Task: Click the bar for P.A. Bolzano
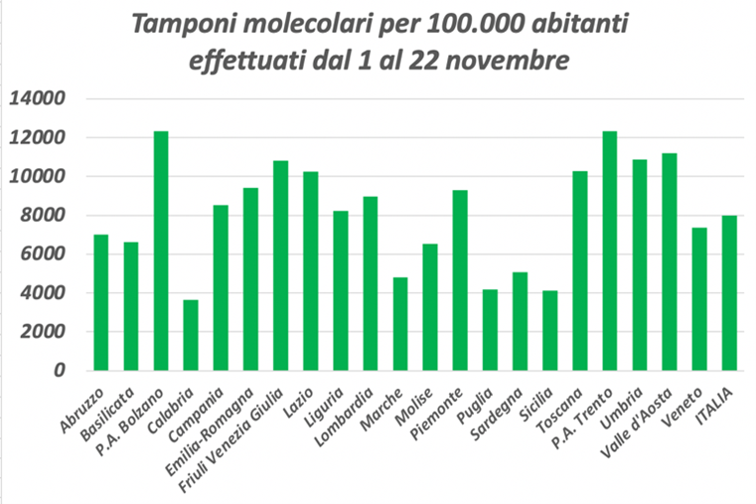point(161,251)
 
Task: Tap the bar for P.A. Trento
point(610,251)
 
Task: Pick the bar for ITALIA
point(729,292)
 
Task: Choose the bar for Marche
point(400,324)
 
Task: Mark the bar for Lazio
point(310,270)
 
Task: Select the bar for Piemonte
point(460,280)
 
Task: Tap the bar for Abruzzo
point(100,302)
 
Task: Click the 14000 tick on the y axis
point(38,99)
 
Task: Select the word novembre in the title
point(504,61)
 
